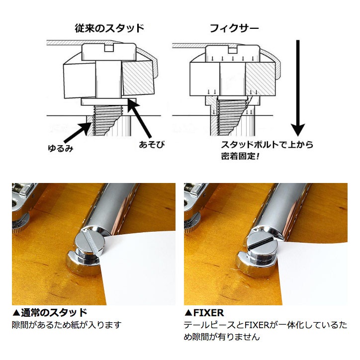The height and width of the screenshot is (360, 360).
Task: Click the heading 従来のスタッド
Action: coord(109,28)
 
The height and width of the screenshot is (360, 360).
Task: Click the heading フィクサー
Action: coord(234,28)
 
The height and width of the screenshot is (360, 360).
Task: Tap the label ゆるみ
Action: coord(60,148)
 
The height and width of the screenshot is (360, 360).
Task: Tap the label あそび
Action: coord(152,145)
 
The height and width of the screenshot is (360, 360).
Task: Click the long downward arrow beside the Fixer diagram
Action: coord(298,88)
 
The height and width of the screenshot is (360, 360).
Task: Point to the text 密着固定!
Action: coord(240,156)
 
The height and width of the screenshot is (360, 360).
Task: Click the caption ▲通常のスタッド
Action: coord(50,312)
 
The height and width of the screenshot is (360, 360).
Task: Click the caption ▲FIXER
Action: coord(204,313)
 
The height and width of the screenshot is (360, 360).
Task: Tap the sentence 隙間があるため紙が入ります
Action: coord(67,325)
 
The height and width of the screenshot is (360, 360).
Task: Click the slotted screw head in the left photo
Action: coord(90,243)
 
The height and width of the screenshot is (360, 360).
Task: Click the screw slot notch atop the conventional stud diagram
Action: coord(109,48)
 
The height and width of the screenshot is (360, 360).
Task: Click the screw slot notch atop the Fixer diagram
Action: coord(233,49)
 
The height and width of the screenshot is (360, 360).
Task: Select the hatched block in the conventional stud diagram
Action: coord(138,78)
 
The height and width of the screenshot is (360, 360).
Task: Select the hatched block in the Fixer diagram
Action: coord(261,79)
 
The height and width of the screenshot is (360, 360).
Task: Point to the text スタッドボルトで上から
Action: coord(267,145)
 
